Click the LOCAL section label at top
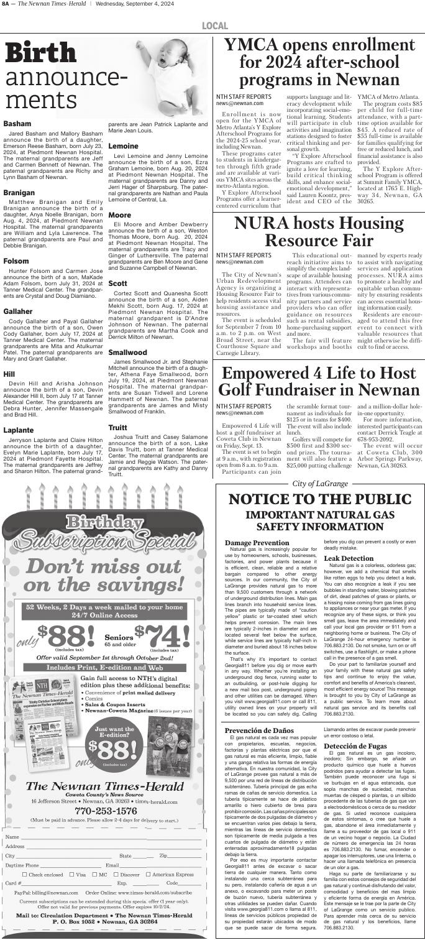coord(214,25)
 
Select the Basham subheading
coord(18,124)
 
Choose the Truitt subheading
coord(117,410)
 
